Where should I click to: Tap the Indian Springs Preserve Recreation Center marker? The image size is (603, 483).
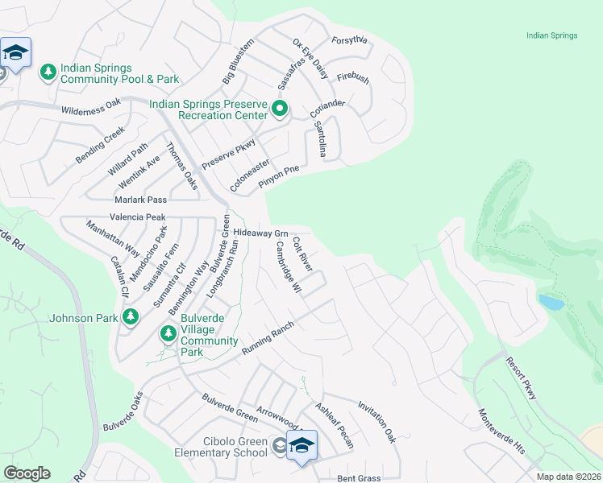(280, 109)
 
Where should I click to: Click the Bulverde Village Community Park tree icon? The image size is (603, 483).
(168, 333)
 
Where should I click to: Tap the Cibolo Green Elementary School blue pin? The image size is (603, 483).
(301, 445)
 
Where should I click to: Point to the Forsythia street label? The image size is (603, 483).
(349, 40)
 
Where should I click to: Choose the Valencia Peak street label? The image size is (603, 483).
(138, 217)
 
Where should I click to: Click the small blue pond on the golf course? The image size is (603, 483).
(551, 303)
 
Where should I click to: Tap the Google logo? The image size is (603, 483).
(27, 473)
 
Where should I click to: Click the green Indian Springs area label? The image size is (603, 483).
(551, 35)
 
